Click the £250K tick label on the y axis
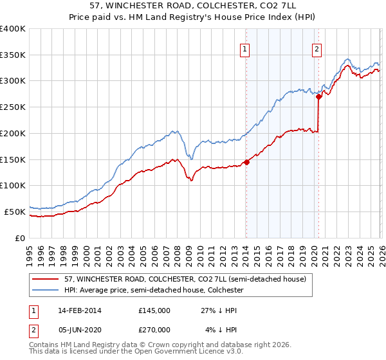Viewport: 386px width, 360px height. click(x=13, y=107)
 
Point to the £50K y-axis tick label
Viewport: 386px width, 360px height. click(x=15, y=212)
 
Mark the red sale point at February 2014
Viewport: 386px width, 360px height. click(x=246, y=162)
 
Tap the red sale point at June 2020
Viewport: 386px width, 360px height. click(x=318, y=96)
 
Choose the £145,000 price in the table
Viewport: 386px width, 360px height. click(x=154, y=310)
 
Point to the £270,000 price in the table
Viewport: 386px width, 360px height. click(x=154, y=330)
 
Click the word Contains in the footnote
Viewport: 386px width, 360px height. click(x=45, y=345)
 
